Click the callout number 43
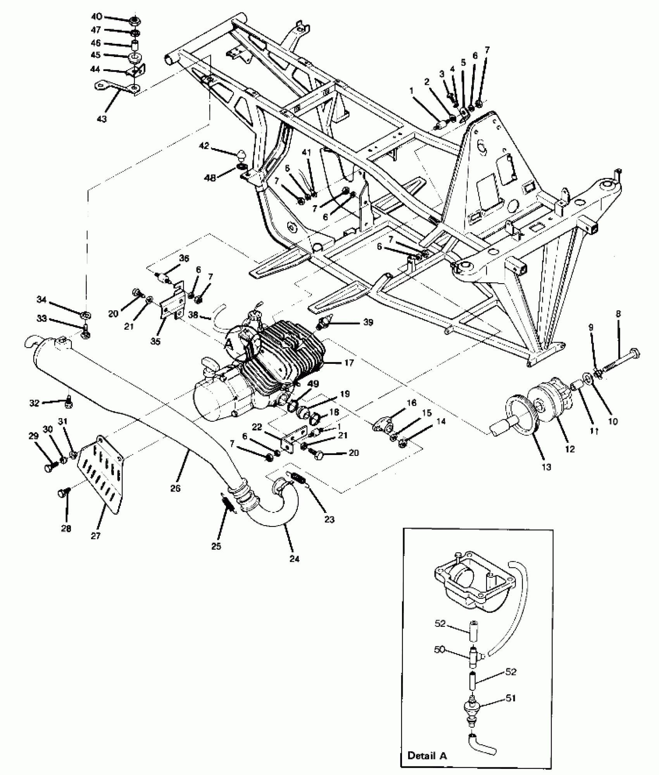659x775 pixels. pyautogui.click(x=102, y=118)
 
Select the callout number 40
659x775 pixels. pyautogui.click(x=97, y=17)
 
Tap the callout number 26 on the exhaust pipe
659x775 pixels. pyautogui.click(x=175, y=488)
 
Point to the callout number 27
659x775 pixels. pyautogui.click(x=95, y=536)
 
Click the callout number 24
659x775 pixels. pyautogui.click(x=294, y=559)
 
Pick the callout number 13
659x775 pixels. pyautogui.click(x=546, y=467)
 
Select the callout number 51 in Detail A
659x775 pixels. pyautogui.click(x=511, y=698)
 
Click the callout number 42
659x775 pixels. pyautogui.click(x=204, y=146)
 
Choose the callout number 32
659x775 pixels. pyautogui.click(x=35, y=403)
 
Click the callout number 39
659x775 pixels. pyautogui.click(x=368, y=322)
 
